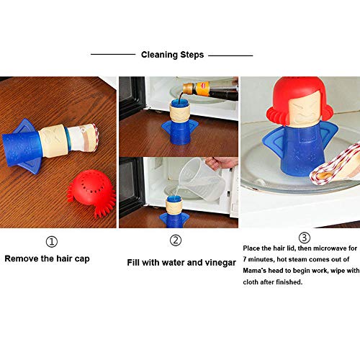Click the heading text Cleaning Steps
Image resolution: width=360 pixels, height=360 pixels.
(x=172, y=54)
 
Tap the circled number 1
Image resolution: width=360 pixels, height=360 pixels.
(x=51, y=240)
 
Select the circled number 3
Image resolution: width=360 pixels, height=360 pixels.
(x=304, y=237)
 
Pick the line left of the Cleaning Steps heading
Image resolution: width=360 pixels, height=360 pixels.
(x=113, y=54)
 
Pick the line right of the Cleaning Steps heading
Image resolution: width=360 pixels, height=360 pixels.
(x=230, y=54)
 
